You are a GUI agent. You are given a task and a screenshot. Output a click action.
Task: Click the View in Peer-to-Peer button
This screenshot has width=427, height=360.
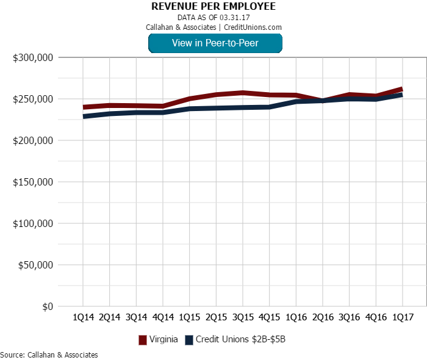click(x=215, y=43)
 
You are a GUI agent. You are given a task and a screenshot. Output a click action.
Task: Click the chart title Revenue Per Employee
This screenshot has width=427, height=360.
click(x=213, y=7)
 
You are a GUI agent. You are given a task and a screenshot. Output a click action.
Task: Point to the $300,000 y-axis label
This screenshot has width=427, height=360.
click(x=34, y=57)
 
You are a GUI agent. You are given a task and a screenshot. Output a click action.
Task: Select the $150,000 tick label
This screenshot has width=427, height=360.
click(x=34, y=182)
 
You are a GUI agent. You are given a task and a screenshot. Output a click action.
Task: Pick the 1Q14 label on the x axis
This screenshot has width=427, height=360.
click(x=83, y=318)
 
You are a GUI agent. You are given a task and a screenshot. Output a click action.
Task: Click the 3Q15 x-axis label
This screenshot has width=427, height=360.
click(x=243, y=318)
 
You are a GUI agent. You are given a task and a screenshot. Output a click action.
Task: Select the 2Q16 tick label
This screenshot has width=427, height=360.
click(x=323, y=318)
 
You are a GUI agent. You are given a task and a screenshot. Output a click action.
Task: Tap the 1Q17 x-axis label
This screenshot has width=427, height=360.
click(x=403, y=318)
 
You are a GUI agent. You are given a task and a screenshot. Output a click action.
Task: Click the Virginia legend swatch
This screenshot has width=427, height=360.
click(x=143, y=340)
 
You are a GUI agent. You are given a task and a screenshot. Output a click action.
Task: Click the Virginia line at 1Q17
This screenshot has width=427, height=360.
click(x=402, y=89)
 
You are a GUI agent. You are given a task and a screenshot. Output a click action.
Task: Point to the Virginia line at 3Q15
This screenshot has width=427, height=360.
click(x=243, y=93)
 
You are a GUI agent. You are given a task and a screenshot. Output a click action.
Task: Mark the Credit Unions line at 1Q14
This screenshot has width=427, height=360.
click(x=84, y=116)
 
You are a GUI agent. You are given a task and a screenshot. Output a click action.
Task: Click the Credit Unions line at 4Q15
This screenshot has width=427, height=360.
click(x=269, y=107)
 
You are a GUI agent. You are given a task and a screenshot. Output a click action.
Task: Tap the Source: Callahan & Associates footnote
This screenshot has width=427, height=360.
click(x=49, y=355)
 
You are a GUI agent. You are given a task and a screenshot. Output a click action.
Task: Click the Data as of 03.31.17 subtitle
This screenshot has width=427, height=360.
click(x=213, y=18)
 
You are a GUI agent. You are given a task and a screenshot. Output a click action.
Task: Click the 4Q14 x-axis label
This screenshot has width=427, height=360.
click(x=163, y=318)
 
